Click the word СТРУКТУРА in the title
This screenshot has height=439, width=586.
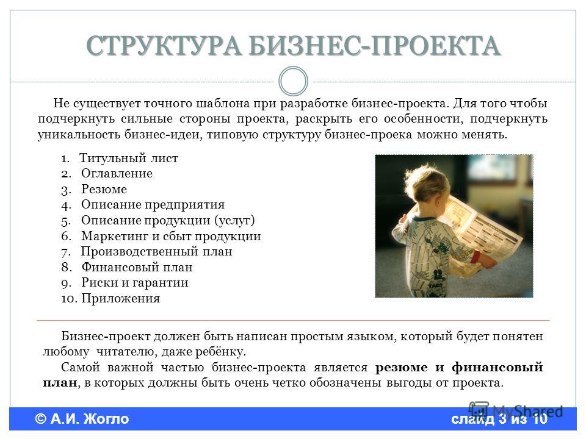(x=164, y=46)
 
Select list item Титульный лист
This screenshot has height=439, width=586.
(x=129, y=159)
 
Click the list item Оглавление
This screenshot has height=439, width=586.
(x=117, y=174)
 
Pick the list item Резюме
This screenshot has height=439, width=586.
(x=104, y=189)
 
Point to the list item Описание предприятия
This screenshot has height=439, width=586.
(x=153, y=205)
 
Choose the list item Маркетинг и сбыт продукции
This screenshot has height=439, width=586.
(x=171, y=237)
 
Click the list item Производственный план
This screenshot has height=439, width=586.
(x=157, y=252)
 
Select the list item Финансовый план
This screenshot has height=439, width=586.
(x=137, y=267)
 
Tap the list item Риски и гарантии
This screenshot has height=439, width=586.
(x=135, y=283)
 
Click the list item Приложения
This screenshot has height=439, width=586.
(x=121, y=299)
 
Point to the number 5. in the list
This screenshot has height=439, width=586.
(x=66, y=221)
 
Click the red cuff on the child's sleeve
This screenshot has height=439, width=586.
(x=475, y=257)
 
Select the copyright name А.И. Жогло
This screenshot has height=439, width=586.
(x=90, y=419)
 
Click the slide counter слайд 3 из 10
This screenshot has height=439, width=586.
(x=499, y=419)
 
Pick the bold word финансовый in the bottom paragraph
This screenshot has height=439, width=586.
(x=497, y=368)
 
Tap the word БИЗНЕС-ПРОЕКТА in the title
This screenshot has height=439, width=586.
(x=375, y=46)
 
